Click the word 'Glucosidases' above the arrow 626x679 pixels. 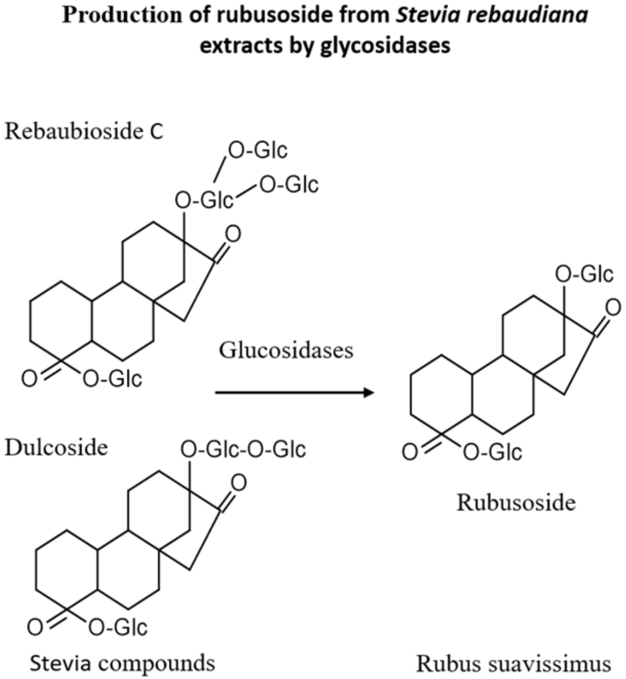pyautogui.click(x=286, y=350)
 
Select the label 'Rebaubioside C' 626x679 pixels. pyautogui.click(x=84, y=132)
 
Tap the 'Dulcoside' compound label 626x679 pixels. pyautogui.click(x=57, y=448)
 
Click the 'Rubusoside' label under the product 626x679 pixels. pyautogui.click(x=516, y=503)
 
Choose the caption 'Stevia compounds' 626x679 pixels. pyautogui.click(x=122, y=663)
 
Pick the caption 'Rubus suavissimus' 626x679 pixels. pyautogui.click(x=513, y=663)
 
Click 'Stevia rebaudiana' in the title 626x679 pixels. pyautogui.click(x=492, y=15)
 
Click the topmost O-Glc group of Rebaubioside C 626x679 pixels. pyautogui.click(x=257, y=151)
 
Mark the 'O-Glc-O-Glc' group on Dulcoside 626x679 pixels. pyautogui.click(x=243, y=450)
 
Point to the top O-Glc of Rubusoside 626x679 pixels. pyautogui.click(x=584, y=275)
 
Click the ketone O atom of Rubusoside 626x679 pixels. pyautogui.click(x=613, y=308)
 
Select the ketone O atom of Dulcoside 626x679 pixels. pyautogui.click(x=238, y=483)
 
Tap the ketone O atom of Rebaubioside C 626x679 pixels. pyautogui.click(x=233, y=235)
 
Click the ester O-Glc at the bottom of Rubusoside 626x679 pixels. pyautogui.click(x=492, y=453)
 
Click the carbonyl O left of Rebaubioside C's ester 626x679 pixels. pyautogui.click(x=29, y=380)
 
